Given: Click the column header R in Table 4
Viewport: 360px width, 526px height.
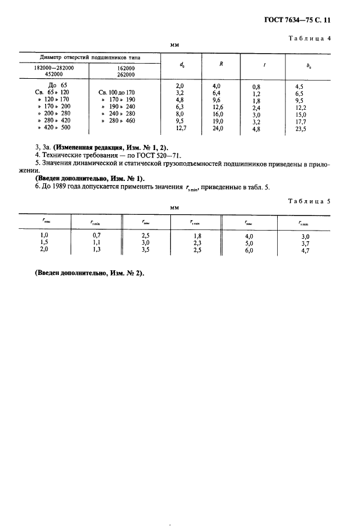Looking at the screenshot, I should point(221,64).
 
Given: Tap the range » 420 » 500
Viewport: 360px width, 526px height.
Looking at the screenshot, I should point(53,127).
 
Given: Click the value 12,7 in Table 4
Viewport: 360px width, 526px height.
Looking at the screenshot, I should point(180,128).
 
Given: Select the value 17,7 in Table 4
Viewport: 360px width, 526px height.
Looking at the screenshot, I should point(301,122).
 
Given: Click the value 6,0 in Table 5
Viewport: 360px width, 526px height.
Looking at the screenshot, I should point(249,249).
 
